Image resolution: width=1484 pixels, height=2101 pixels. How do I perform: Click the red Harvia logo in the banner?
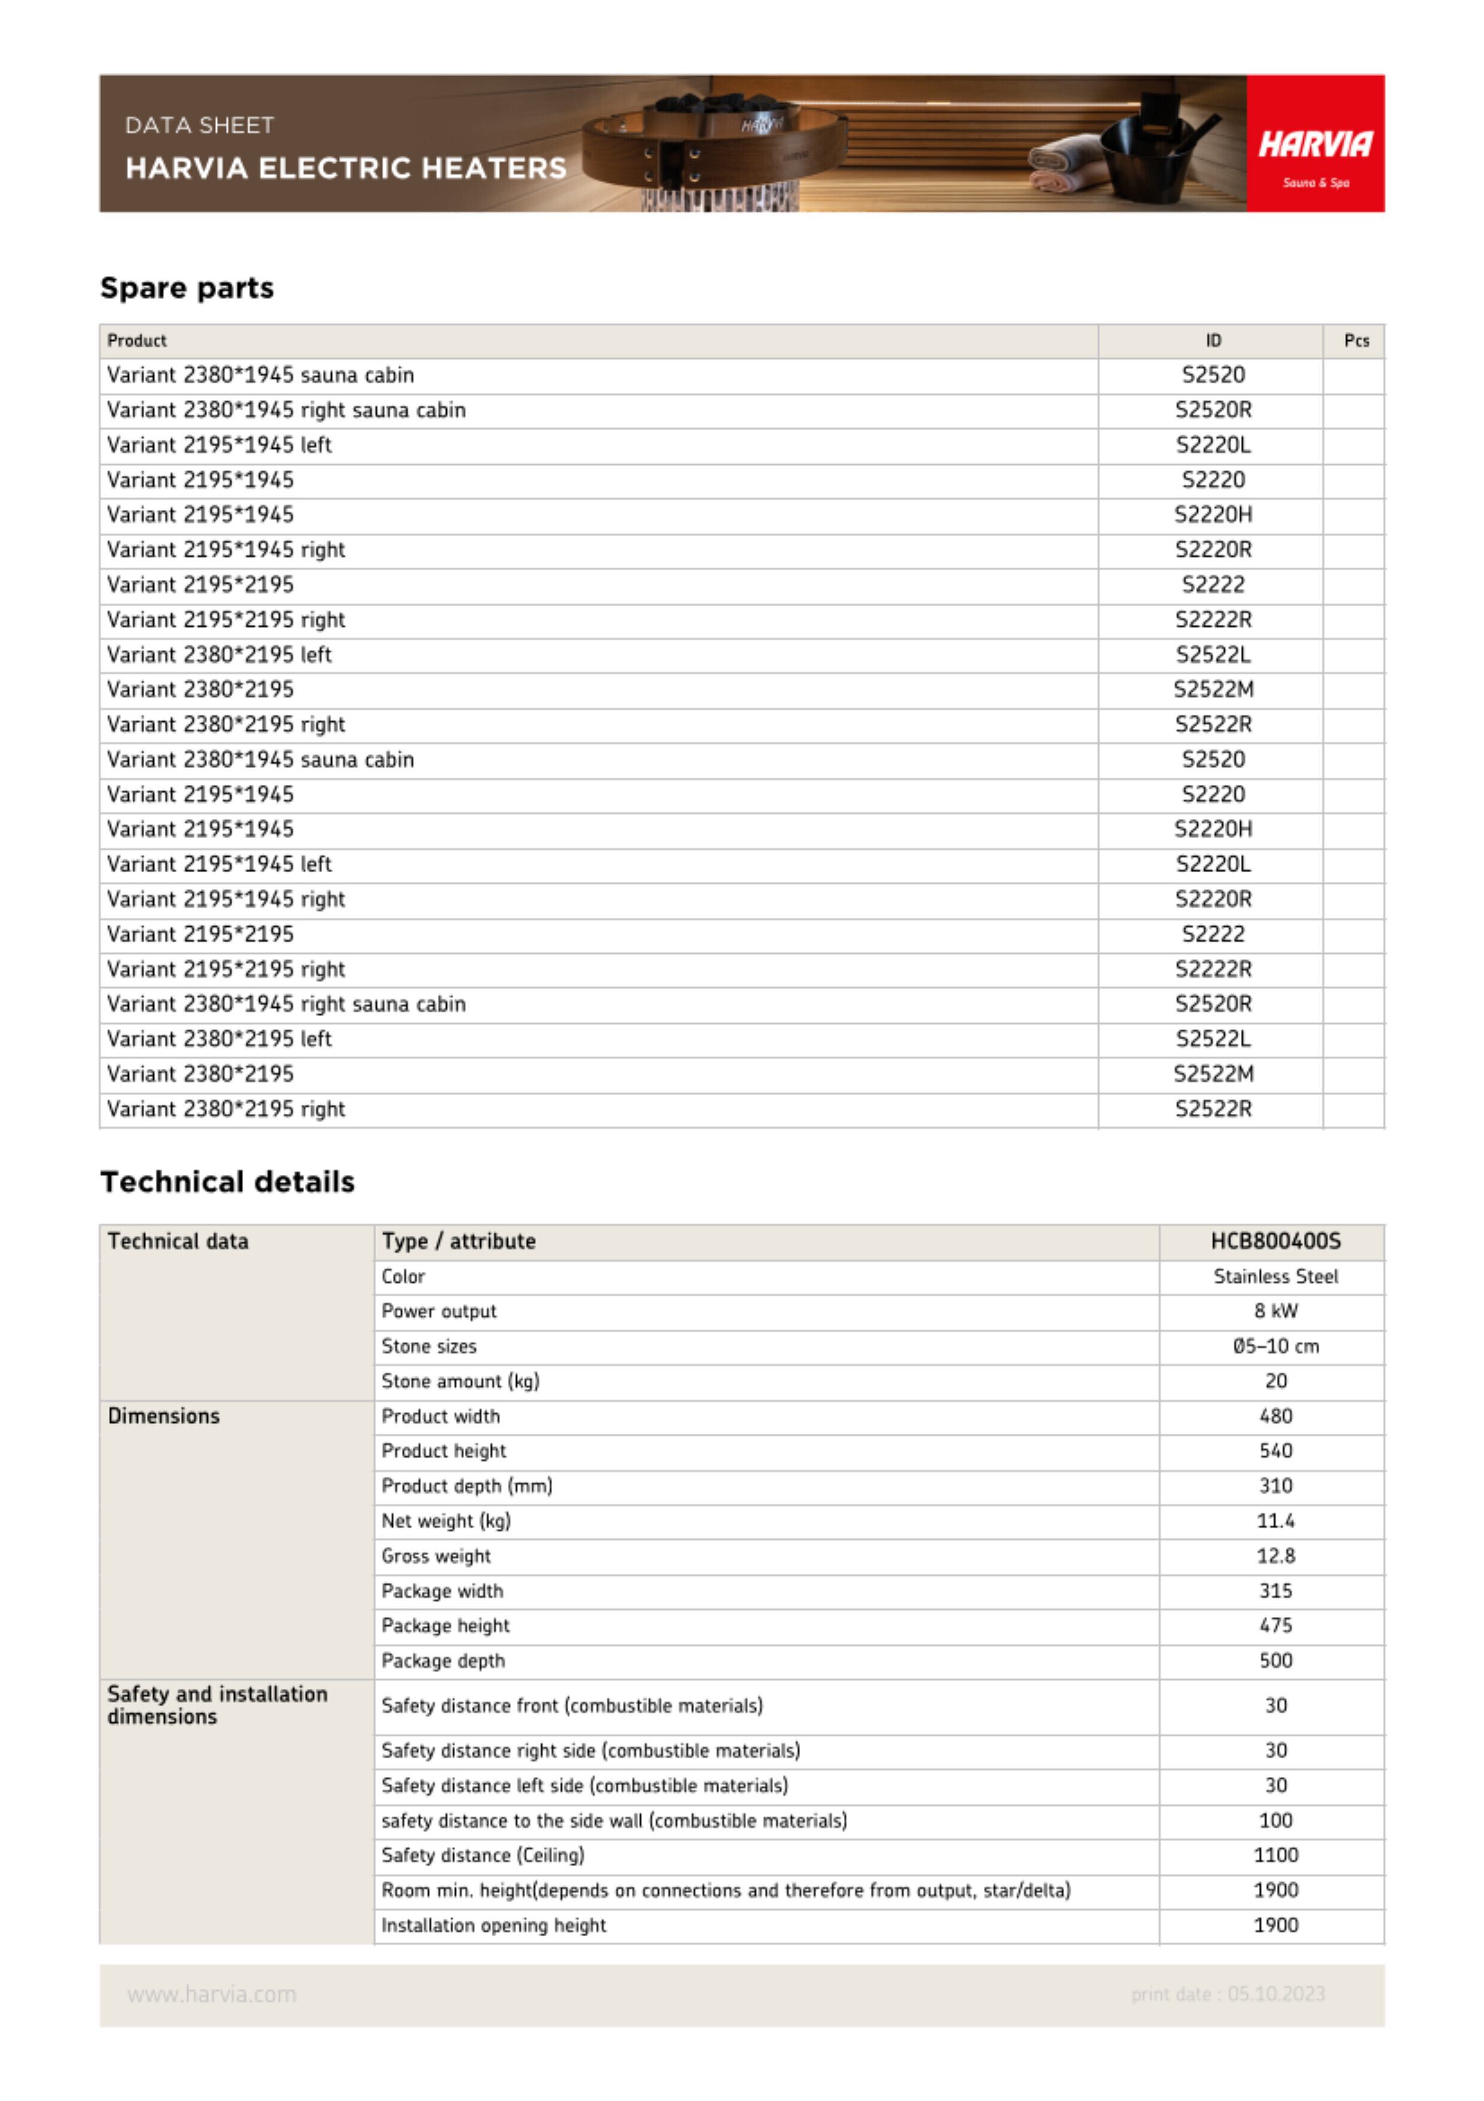1314,144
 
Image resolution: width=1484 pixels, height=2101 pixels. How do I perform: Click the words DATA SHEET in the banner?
199,125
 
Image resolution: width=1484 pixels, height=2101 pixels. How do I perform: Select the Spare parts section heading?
187,288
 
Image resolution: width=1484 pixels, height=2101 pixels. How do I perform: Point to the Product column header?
137,340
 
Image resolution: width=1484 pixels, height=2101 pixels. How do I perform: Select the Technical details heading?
227,1181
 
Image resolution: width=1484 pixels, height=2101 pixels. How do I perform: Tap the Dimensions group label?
163,1416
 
